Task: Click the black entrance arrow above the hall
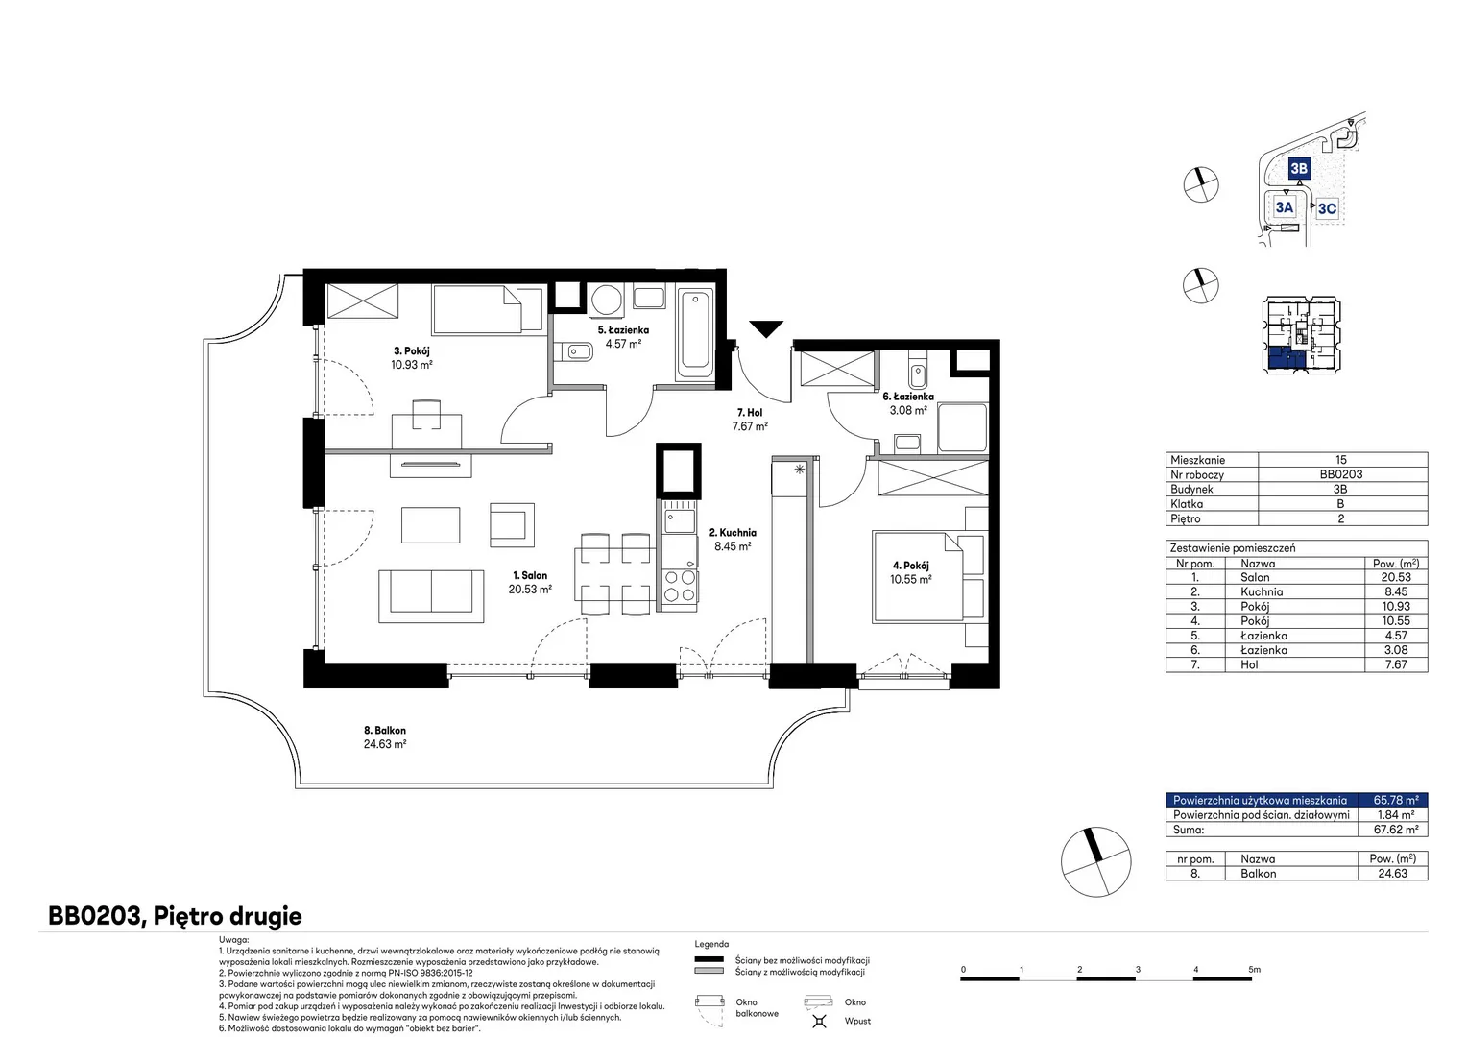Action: coord(766,328)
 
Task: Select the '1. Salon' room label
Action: coord(530,575)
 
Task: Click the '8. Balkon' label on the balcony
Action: coord(385,730)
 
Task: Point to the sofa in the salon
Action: coord(431,596)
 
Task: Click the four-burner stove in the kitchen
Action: coord(679,587)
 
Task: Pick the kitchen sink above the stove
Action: coord(679,521)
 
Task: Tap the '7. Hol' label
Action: coord(750,413)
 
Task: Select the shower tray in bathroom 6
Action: coord(962,427)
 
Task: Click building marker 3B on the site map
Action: coord(1299,168)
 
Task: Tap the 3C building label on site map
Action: coord(1327,208)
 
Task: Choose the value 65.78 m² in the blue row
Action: coord(1396,800)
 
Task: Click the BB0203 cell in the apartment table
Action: coord(1340,474)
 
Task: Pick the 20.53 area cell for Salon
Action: coord(1396,577)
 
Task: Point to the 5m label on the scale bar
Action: coord(1254,969)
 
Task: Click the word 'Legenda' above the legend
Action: coord(711,944)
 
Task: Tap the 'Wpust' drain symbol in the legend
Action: coord(819,1022)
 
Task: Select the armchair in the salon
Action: coord(512,524)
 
